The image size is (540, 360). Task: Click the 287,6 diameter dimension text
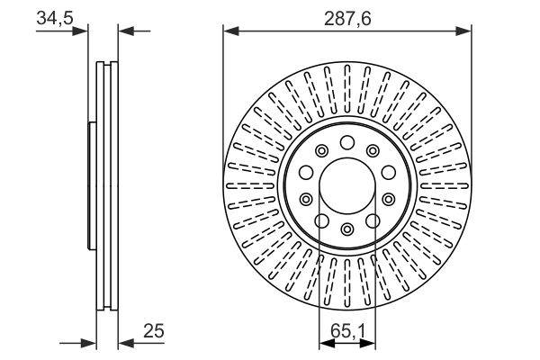pos(346,16)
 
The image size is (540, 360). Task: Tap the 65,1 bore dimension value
pos(346,331)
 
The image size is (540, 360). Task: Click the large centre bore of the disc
pos(346,184)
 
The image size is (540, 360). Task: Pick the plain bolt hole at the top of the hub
pos(346,141)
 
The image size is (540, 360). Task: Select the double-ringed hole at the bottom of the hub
pos(346,229)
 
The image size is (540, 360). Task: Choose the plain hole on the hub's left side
pos(306,173)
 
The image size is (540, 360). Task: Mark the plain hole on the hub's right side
pos(388,173)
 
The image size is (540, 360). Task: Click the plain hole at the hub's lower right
pos(373,219)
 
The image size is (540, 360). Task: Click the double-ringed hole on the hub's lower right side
pos(388,198)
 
